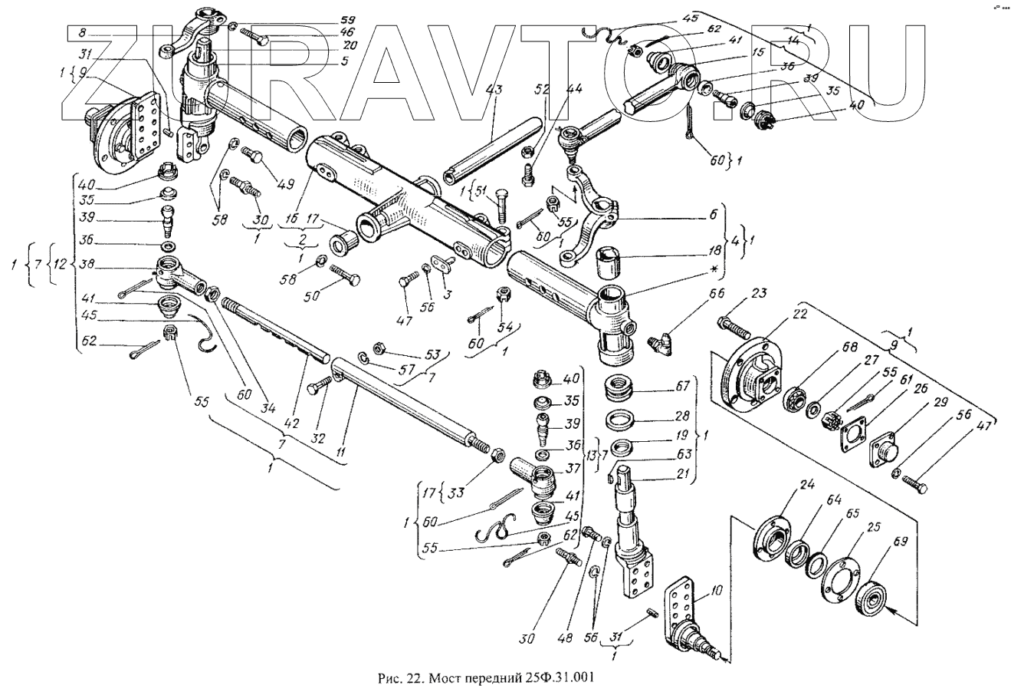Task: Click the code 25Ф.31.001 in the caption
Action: pos(555,677)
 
